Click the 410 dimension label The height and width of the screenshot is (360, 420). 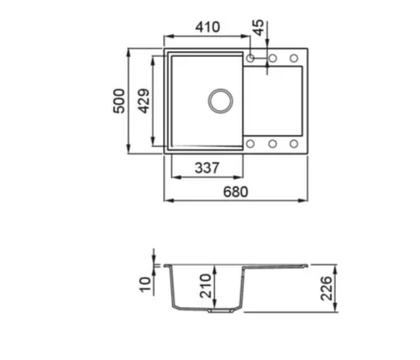point(207,27)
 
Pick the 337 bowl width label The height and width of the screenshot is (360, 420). point(207,168)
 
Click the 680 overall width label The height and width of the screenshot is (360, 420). point(236,192)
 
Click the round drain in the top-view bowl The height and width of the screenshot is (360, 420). point(220,101)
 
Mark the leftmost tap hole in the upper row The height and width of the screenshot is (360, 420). point(251,58)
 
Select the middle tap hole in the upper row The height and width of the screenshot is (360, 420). point(273,58)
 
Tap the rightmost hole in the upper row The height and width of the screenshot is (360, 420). point(294,58)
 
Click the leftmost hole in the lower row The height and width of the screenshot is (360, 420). point(251,143)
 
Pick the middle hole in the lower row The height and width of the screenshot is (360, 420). point(273,143)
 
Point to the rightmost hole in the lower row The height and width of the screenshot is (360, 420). point(294,143)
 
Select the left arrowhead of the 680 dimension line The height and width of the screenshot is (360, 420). point(166,202)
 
